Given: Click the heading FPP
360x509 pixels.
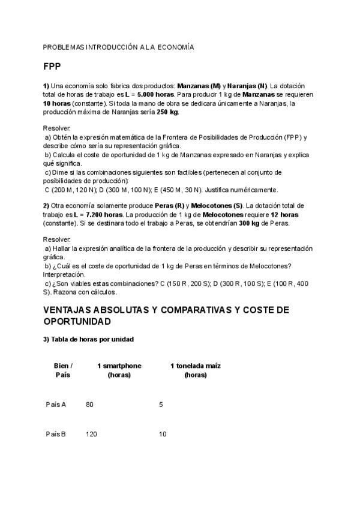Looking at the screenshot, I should [52, 66].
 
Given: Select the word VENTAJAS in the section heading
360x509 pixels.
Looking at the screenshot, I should [71, 310].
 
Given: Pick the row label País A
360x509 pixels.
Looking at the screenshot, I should [56, 405].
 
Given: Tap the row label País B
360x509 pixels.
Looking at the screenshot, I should [56, 434].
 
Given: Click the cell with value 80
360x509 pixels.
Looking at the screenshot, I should [90, 405].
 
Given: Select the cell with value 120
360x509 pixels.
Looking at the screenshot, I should [92, 434].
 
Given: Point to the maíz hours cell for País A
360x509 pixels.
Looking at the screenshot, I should [161, 405].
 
